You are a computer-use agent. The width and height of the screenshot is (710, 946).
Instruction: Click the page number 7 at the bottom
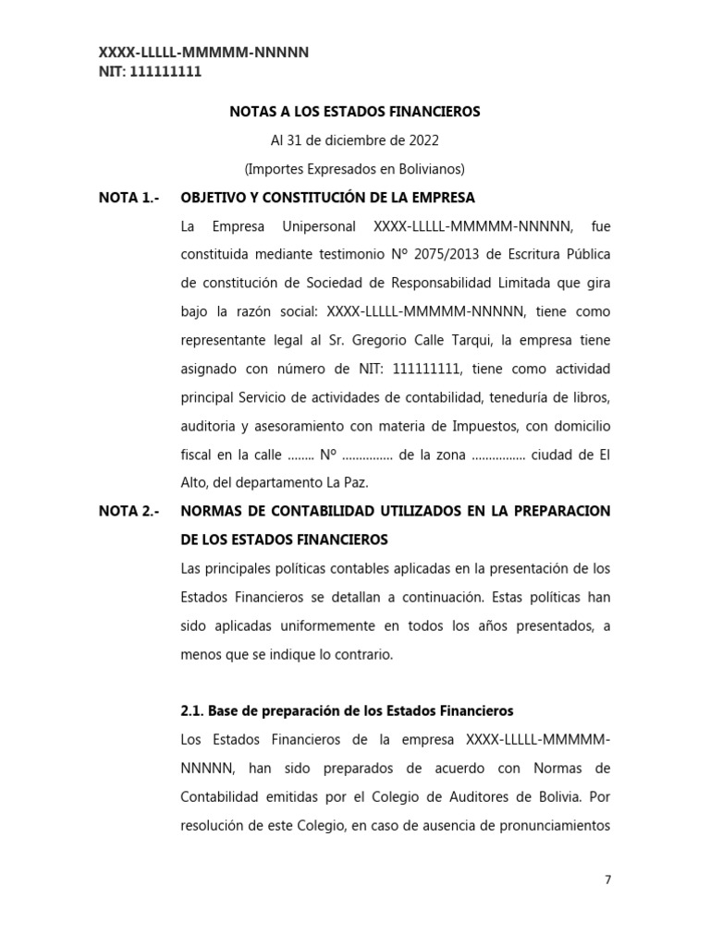[607, 879]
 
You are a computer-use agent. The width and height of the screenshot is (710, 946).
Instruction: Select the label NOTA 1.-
[129, 198]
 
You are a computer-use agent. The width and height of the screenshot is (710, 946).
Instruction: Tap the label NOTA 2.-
[129, 511]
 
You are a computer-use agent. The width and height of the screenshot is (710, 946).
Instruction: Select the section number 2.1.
[191, 711]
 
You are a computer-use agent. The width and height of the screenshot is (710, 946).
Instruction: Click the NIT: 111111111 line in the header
[150, 71]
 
